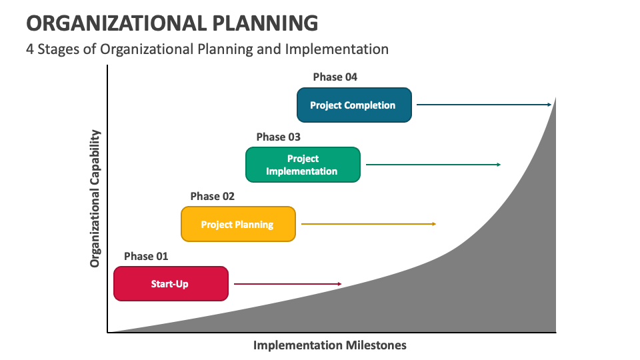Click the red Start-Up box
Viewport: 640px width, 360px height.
[171, 284]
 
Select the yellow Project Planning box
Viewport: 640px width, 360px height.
[238, 224]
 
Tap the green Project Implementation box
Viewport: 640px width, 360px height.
[303, 165]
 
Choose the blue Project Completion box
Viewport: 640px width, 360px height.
[354, 105]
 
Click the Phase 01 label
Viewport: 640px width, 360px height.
[146, 256]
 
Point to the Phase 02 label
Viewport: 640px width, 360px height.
[213, 196]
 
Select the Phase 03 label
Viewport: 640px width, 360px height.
[278, 137]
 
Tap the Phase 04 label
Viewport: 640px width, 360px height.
[335, 77]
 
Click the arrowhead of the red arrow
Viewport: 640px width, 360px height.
[339, 284]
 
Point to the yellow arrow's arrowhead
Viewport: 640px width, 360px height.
[434, 224]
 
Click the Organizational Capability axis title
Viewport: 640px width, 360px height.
[95, 199]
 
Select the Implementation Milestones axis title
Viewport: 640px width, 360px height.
[329, 345]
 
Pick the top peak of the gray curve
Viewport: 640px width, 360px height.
[555, 98]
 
